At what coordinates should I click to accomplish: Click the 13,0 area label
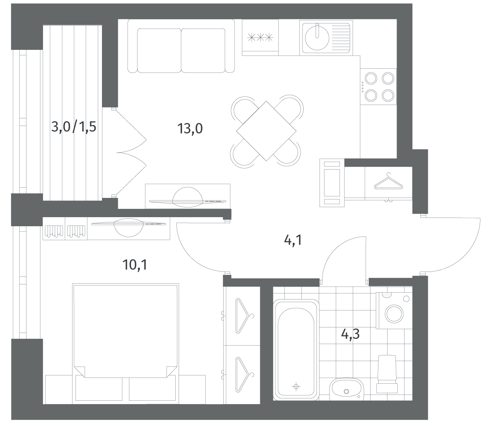pyautogui.click(x=190, y=129)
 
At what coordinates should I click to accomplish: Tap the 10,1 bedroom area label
pyautogui.click(x=135, y=265)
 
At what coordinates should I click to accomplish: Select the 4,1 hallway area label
pyautogui.click(x=293, y=241)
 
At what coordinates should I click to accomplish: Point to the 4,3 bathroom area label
pyautogui.click(x=350, y=335)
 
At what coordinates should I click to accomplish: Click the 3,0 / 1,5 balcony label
pyautogui.click(x=74, y=127)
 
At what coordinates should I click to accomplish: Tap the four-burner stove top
pyautogui.click(x=378, y=87)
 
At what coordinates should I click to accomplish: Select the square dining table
pyautogui.click(x=266, y=131)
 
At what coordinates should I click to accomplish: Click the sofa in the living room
pyautogui.click(x=181, y=46)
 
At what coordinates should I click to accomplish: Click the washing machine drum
pyautogui.click(x=394, y=314)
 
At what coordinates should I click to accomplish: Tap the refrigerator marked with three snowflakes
pyautogui.click(x=260, y=37)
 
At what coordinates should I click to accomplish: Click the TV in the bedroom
pyautogui.click(x=128, y=227)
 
